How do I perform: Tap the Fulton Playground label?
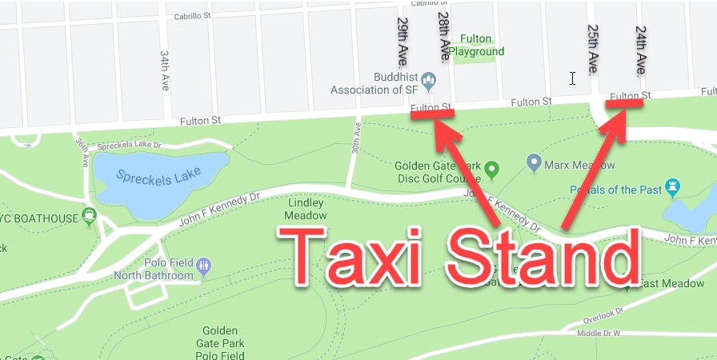click(x=476, y=45)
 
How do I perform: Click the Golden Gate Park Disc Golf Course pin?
click(x=492, y=169)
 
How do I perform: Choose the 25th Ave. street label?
click(x=593, y=48)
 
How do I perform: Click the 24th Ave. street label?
click(x=640, y=50)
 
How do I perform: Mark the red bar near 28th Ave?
click(x=433, y=113)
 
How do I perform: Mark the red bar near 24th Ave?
click(x=626, y=102)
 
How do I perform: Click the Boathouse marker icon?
click(x=90, y=216)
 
